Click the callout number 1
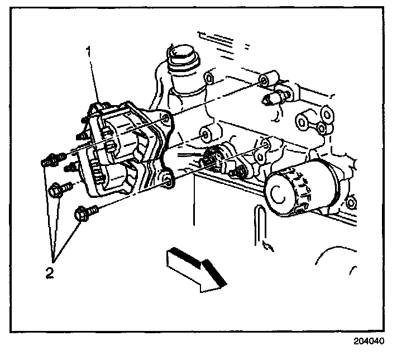point(88,52)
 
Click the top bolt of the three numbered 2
point(49,161)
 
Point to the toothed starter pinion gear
point(211,158)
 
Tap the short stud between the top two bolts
point(71,167)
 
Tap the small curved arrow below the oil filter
point(265,243)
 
